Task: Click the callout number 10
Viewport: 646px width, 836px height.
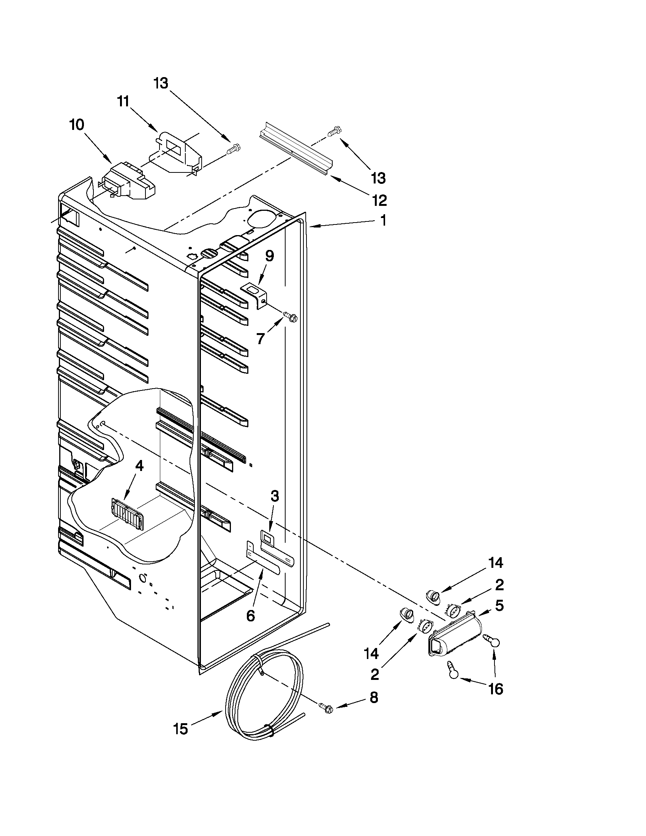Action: pyautogui.click(x=77, y=125)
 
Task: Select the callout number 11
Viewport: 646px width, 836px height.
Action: pyautogui.click(x=123, y=102)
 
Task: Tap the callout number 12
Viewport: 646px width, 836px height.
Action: pyautogui.click(x=379, y=200)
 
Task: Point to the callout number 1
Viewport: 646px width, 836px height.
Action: pyautogui.click(x=383, y=220)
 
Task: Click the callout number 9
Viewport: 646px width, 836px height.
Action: pyautogui.click(x=269, y=256)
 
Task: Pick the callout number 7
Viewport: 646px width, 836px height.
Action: pyautogui.click(x=261, y=338)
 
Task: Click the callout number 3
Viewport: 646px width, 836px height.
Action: pyautogui.click(x=275, y=496)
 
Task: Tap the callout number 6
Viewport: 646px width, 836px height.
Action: pyautogui.click(x=250, y=616)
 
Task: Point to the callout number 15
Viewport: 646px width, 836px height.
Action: pyautogui.click(x=181, y=729)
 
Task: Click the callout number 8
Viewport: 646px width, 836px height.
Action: pyautogui.click(x=374, y=698)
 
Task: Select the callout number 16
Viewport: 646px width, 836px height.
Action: pyautogui.click(x=496, y=689)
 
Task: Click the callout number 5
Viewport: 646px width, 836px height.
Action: pyautogui.click(x=499, y=605)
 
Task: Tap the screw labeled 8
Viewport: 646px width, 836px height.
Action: pyautogui.click(x=325, y=707)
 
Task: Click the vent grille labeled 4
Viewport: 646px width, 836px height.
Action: pyautogui.click(x=126, y=509)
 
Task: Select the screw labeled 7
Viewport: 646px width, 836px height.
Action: pyautogui.click(x=290, y=316)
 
